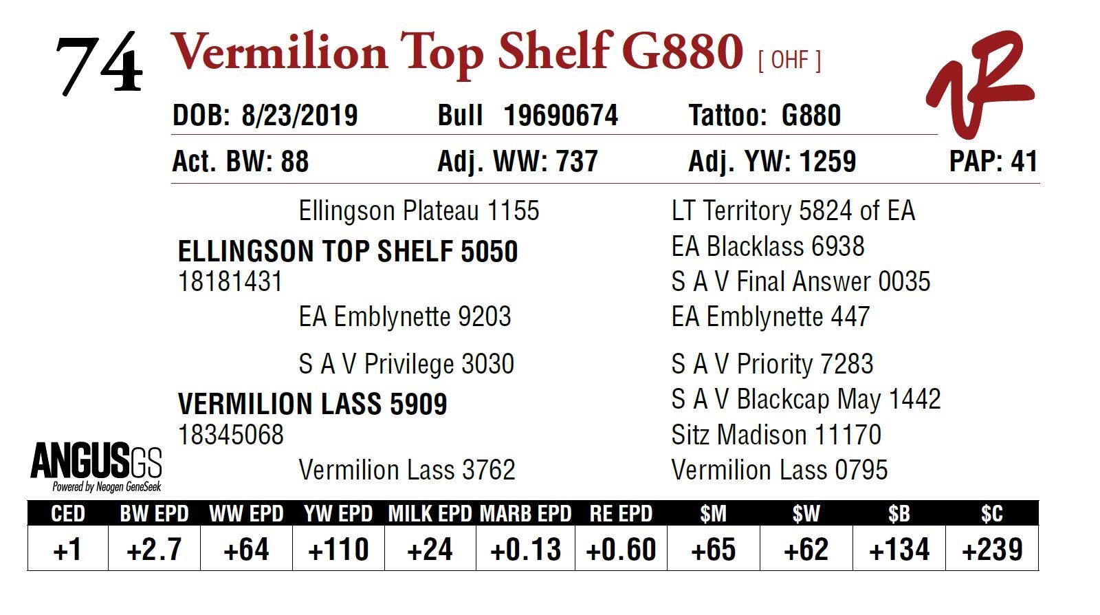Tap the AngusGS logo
coord(96,467)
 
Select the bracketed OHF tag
coord(789,61)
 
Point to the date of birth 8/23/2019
coord(299,116)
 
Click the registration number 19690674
coord(560,116)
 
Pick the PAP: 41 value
coord(992,162)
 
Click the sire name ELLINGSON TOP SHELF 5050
coord(347,252)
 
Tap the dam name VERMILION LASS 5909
coord(312,404)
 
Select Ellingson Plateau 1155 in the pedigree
coord(419,211)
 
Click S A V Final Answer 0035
coord(800,281)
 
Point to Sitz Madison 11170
coord(775,435)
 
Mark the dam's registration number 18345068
coord(230,435)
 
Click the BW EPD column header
coord(154,513)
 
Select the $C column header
coord(991,513)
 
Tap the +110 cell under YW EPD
coord(338,550)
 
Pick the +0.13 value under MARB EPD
coord(525,550)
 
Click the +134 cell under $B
coord(899,550)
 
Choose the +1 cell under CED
coord(67,550)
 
